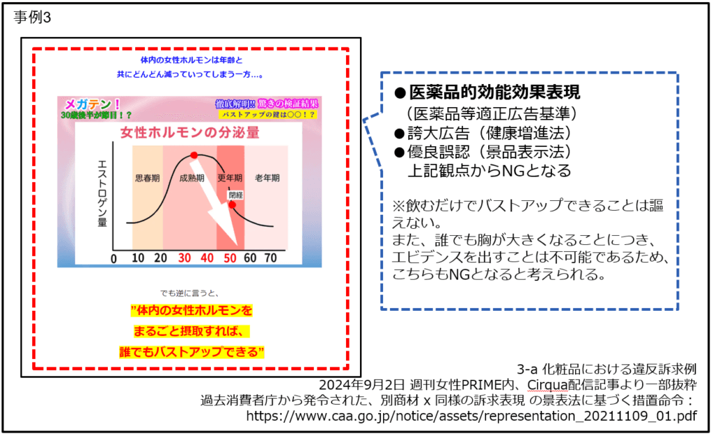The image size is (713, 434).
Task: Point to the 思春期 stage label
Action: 147,177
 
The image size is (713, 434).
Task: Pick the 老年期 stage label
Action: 267,177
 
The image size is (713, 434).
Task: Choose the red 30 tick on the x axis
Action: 185,259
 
